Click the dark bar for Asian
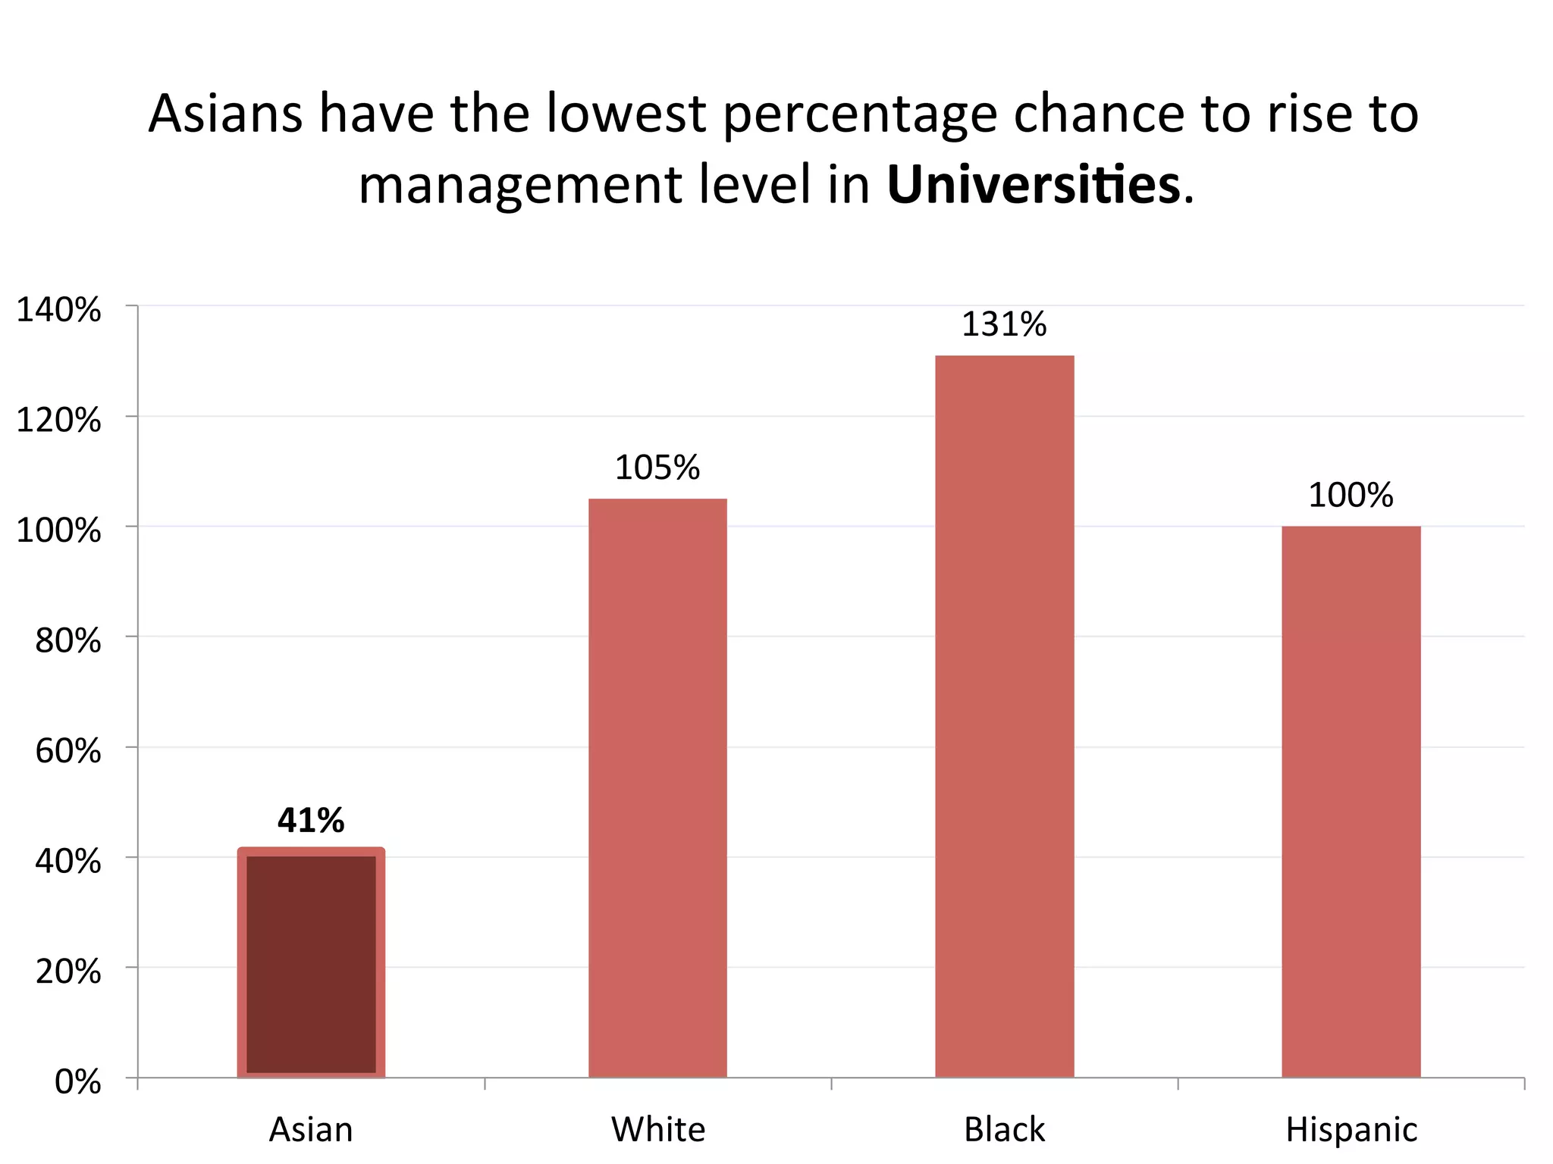[311, 962]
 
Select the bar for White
[657, 788]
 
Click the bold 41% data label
[311, 821]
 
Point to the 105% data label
[657, 468]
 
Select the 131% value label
[1004, 325]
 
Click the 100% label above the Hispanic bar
[1351, 496]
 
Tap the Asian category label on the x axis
[311, 1130]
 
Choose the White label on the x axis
[658, 1130]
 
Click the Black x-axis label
[1004, 1130]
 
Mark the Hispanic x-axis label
[1351, 1130]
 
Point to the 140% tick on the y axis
[58, 311]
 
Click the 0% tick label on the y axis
[77, 1082]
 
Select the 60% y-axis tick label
[68, 752]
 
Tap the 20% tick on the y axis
[68, 972]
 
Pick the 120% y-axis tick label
[58, 421]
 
